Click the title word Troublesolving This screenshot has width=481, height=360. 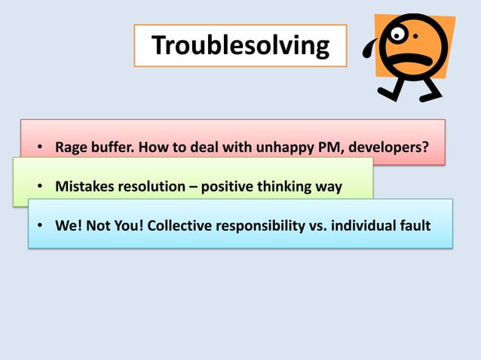[240, 46]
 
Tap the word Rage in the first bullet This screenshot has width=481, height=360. [72, 146]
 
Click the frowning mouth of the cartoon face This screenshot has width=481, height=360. [413, 59]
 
